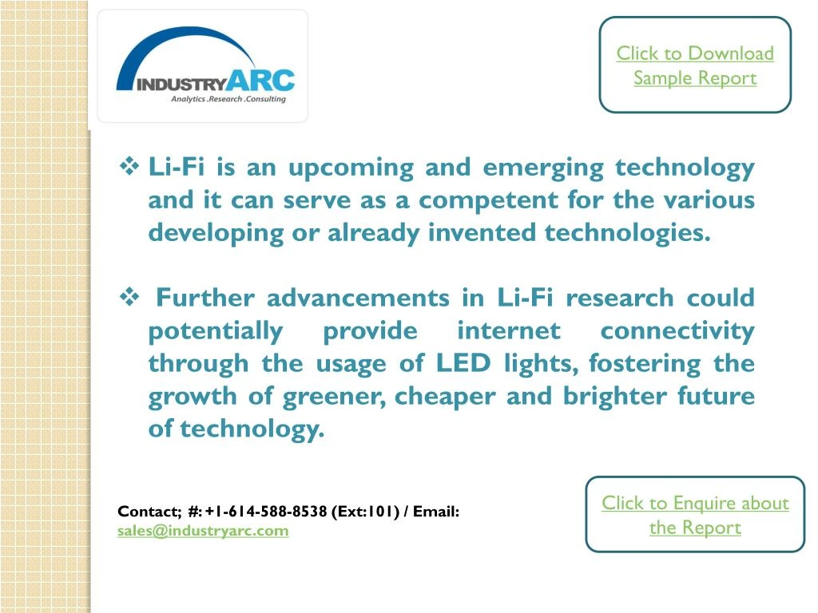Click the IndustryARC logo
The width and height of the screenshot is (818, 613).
pos(204,65)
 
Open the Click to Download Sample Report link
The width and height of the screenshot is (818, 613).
pos(695,65)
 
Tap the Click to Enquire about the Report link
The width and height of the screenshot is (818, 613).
pos(695,515)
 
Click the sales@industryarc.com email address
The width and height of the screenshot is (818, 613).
pos(203,530)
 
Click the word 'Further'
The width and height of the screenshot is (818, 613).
pos(205,298)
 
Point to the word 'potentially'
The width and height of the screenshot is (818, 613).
pos(215,330)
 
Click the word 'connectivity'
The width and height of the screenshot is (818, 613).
pos(677,330)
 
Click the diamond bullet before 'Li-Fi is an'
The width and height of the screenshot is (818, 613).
pos(129,167)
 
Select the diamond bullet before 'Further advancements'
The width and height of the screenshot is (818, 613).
pos(129,298)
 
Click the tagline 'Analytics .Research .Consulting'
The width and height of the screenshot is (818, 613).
pos(228,99)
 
